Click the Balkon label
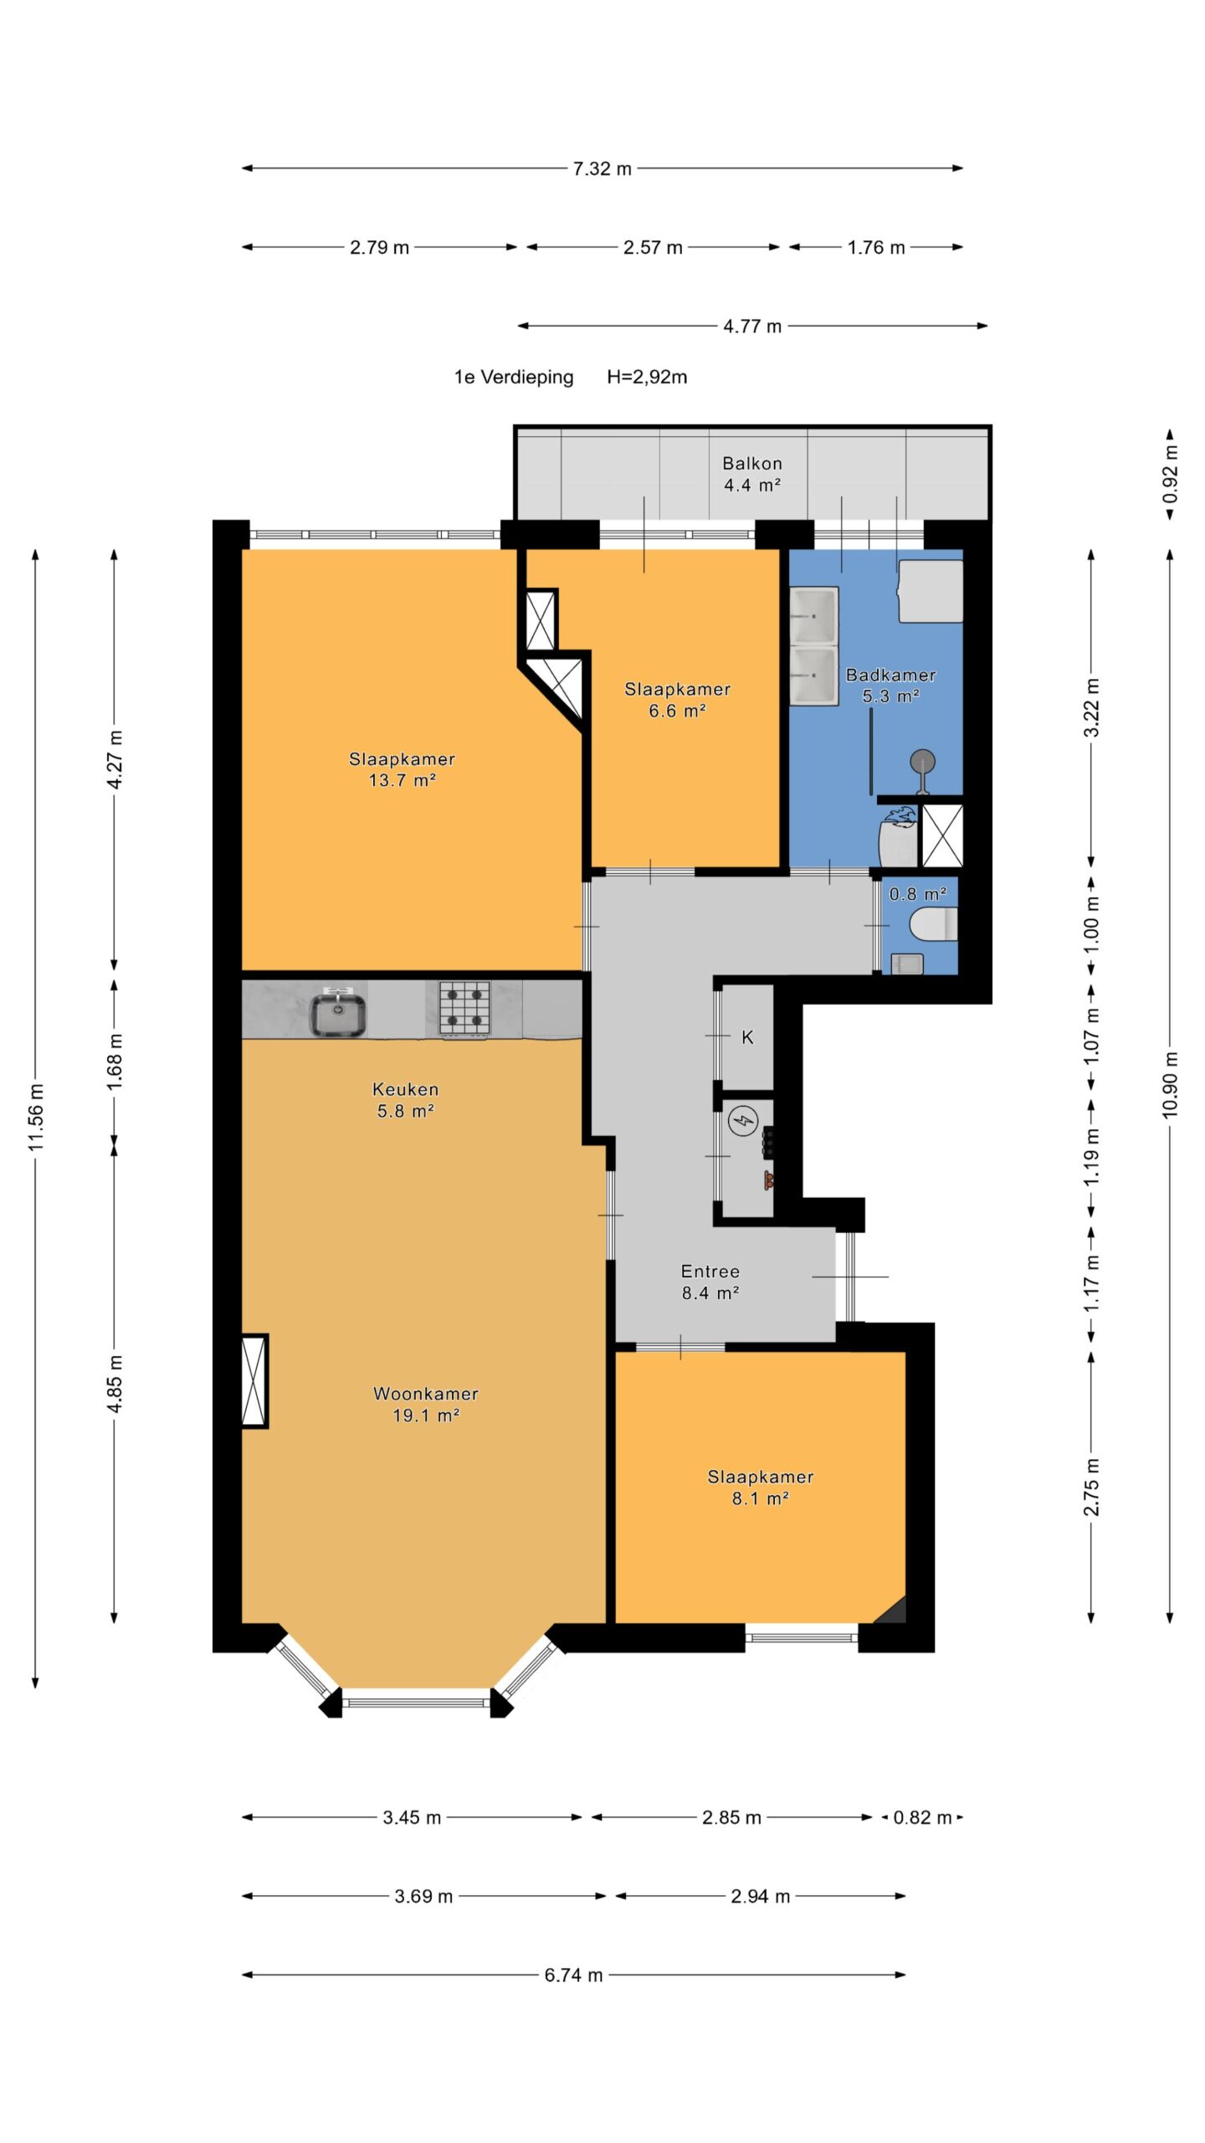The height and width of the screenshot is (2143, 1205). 752,463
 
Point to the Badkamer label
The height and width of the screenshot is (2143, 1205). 890,674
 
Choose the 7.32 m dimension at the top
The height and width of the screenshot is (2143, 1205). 602,168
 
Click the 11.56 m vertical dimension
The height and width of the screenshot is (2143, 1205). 35,1118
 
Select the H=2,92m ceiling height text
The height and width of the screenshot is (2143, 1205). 647,377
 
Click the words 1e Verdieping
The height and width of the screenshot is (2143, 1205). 514,377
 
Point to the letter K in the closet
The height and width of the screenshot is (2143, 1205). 747,1037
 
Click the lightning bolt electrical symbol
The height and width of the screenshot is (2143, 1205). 743,1120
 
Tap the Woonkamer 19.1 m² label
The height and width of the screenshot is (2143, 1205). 426,1404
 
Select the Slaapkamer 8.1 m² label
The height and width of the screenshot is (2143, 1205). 761,1487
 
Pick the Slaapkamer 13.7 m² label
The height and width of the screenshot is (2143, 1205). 402,769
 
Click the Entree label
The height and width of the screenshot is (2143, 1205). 710,1271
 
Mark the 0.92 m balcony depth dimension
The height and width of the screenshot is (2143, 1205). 1170,474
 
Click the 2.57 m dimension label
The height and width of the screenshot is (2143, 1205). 653,247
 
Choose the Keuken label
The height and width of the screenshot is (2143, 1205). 406,1089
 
